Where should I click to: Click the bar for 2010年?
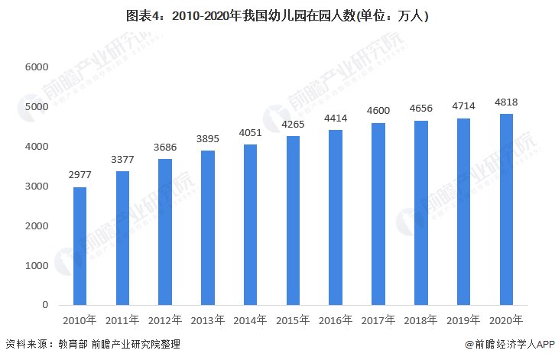(x=80, y=245)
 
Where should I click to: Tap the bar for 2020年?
(x=505, y=209)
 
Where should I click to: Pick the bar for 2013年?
(x=207, y=227)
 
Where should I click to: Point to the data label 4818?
(x=505, y=101)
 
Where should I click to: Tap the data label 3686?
(x=164, y=146)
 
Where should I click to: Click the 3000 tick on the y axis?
(x=37, y=186)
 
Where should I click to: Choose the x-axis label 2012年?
(x=164, y=319)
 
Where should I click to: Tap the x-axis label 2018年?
(x=420, y=319)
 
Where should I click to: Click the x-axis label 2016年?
(x=335, y=319)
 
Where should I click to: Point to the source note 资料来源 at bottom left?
(x=92, y=345)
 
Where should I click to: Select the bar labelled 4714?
(x=462, y=211)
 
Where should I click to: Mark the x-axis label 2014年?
(x=250, y=319)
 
